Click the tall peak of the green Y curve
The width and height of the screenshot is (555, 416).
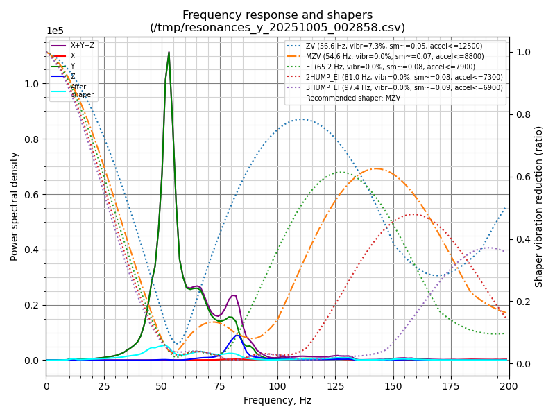coord(169,53)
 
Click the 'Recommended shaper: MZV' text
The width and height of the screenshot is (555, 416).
coord(353,98)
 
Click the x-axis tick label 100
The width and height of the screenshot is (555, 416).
coord(277,385)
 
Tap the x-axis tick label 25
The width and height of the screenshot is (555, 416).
coord(104,385)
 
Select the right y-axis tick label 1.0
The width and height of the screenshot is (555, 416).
coord(522,52)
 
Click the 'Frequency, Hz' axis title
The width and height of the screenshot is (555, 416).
coord(277,400)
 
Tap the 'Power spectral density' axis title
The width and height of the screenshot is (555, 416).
coord(15,206)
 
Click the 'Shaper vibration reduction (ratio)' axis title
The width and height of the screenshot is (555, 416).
coord(539,206)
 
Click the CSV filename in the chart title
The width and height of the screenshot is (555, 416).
coord(277,28)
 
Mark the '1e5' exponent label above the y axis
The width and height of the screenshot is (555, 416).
coord(55,31)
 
